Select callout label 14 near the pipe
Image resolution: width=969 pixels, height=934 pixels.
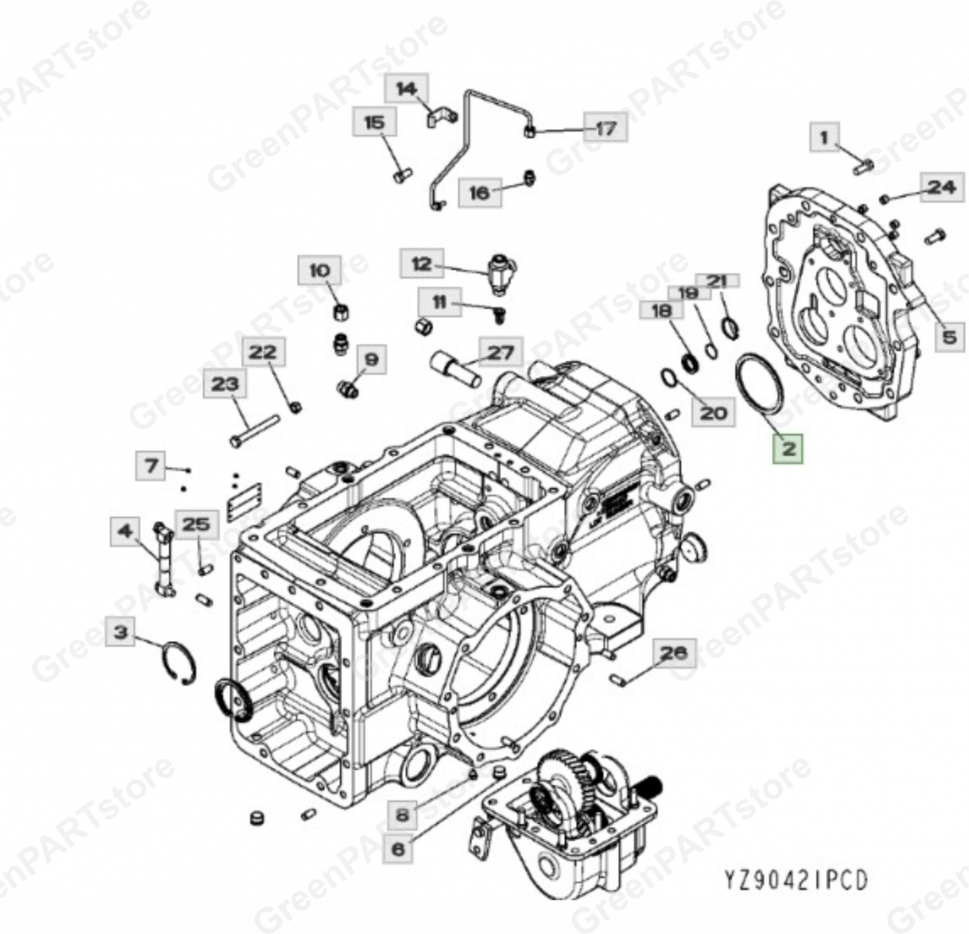click(x=406, y=88)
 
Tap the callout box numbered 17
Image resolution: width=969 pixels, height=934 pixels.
click(x=605, y=128)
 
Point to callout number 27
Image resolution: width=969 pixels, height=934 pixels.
click(x=500, y=352)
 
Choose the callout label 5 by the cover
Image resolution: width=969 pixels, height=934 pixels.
click(x=948, y=336)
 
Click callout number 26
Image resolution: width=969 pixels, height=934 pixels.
click(x=672, y=653)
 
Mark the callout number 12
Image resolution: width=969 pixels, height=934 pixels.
click(x=421, y=264)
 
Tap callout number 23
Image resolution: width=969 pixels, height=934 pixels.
click(x=225, y=385)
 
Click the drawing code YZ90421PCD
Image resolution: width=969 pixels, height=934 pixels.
click(x=796, y=880)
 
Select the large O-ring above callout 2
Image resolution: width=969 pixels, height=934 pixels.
click(x=760, y=385)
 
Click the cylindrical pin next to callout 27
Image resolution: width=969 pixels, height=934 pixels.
click(x=455, y=369)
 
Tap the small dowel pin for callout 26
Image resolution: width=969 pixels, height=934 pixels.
click(x=618, y=680)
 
